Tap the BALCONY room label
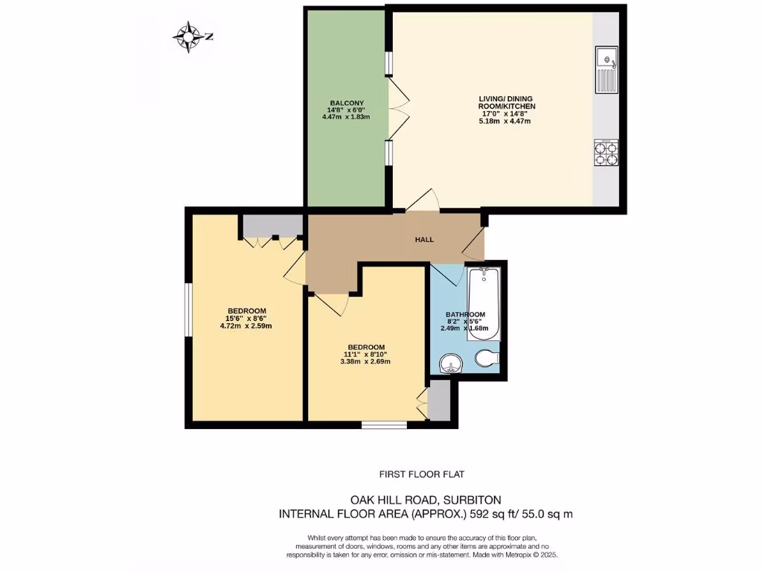click(346, 103)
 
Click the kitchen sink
click(606, 69)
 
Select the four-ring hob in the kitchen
click(606, 154)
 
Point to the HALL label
click(424, 239)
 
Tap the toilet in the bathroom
click(487, 360)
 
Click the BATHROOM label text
click(465, 314)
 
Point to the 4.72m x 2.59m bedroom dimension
click(246, 325)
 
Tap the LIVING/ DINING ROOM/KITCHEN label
click(507, 103)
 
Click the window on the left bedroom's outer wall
click(188, 309)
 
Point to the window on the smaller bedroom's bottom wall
click(384, 425)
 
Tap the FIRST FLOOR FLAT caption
click(422, 474)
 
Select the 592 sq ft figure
click(462, 514)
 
